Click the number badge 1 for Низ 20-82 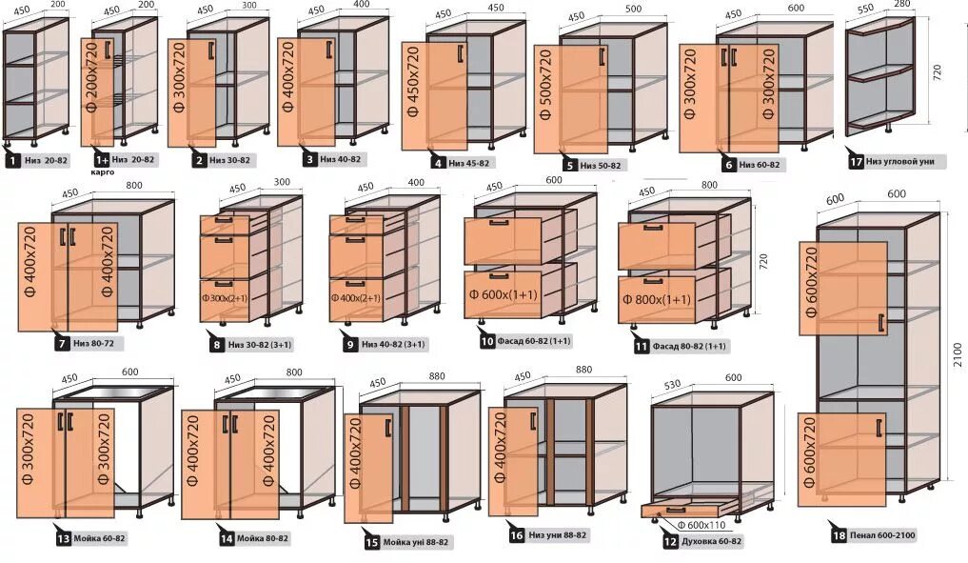[12, 161]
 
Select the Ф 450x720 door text [413, 94]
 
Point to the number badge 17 [856, 162]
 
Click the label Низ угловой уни [900, 162]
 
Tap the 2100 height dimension [957, 354]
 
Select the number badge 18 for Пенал [837, 535]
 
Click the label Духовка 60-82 [710, 541]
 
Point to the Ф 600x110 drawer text [704, 525]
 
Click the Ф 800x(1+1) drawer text [657, 299]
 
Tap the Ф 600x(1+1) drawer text [503, 295]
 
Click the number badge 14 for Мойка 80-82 [227, 538]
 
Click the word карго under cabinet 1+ [104, 173]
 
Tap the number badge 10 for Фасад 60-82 [486, 339]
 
